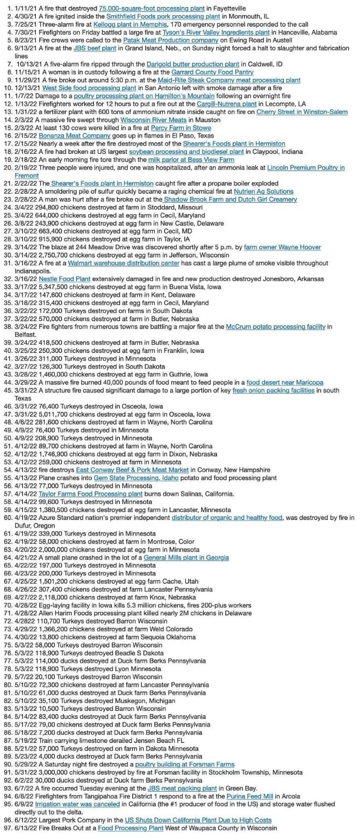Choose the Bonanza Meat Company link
[75, 135]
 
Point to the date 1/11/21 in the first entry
[25, 8]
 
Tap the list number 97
[7, 828]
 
